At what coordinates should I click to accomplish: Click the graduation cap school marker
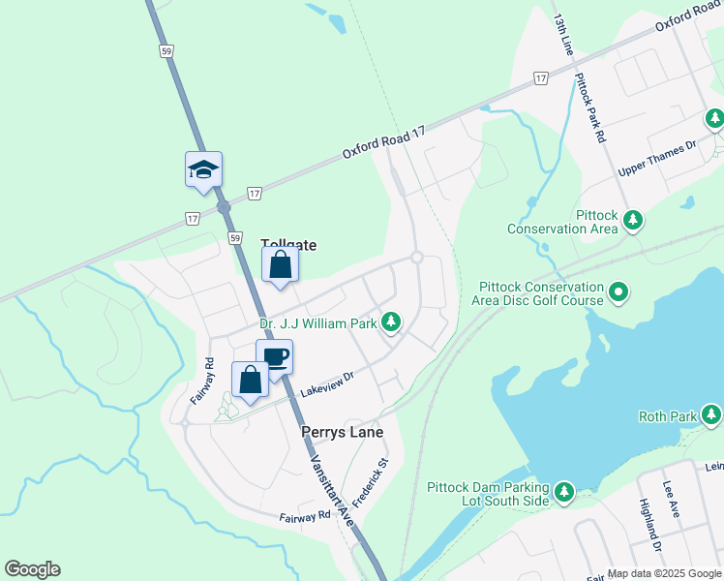204,169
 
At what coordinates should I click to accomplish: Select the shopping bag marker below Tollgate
280,265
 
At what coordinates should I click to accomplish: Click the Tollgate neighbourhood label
288,246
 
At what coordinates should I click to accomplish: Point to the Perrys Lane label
342,432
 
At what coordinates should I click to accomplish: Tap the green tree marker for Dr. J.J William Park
391,321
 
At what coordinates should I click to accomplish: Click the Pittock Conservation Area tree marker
632,220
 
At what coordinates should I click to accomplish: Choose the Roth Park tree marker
712,416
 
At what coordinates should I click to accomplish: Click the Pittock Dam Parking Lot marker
564,494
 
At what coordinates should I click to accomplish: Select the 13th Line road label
564,36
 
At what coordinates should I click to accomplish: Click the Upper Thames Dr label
657,159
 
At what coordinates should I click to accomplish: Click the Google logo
32,569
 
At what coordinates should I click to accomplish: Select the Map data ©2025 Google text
663,573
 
